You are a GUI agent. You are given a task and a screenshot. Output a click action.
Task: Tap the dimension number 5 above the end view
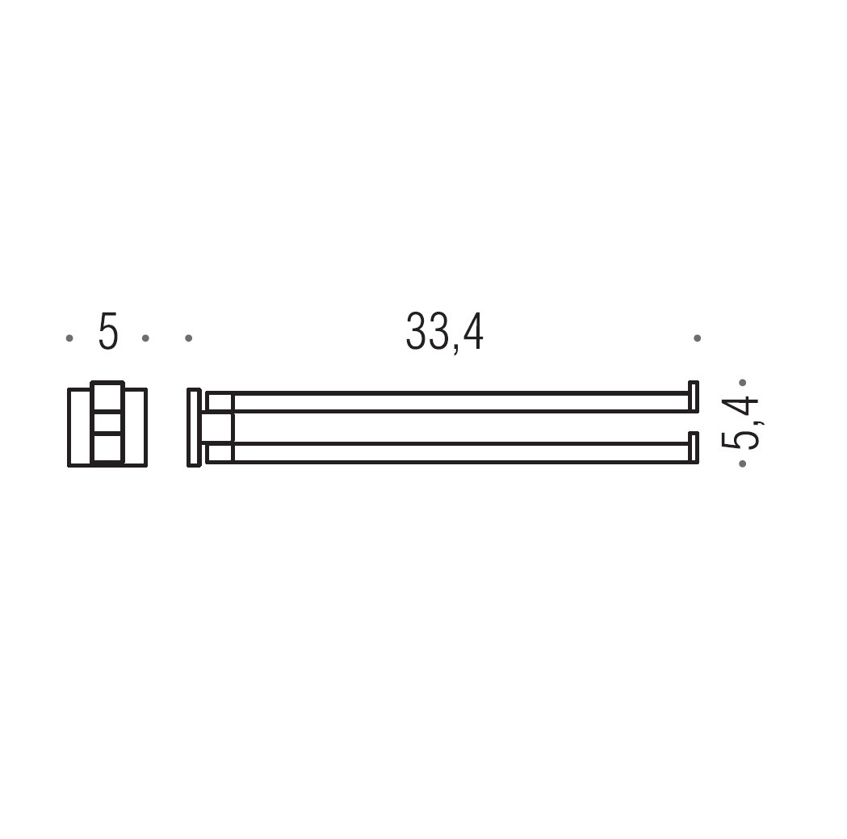[107, 331]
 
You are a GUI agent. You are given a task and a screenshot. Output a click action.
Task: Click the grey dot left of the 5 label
[69, 338]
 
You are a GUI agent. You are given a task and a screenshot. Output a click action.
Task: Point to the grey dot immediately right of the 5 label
[145, 338]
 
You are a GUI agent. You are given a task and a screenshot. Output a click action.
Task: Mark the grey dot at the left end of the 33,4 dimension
[188, 338]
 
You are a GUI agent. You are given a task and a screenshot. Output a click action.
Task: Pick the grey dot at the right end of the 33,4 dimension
[698, 338]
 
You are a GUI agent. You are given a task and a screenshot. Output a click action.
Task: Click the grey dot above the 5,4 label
[742, 383]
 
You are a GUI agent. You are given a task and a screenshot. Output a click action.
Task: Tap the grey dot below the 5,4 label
[742, 464]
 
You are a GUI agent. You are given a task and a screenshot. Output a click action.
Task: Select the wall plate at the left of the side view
[194, 427]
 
